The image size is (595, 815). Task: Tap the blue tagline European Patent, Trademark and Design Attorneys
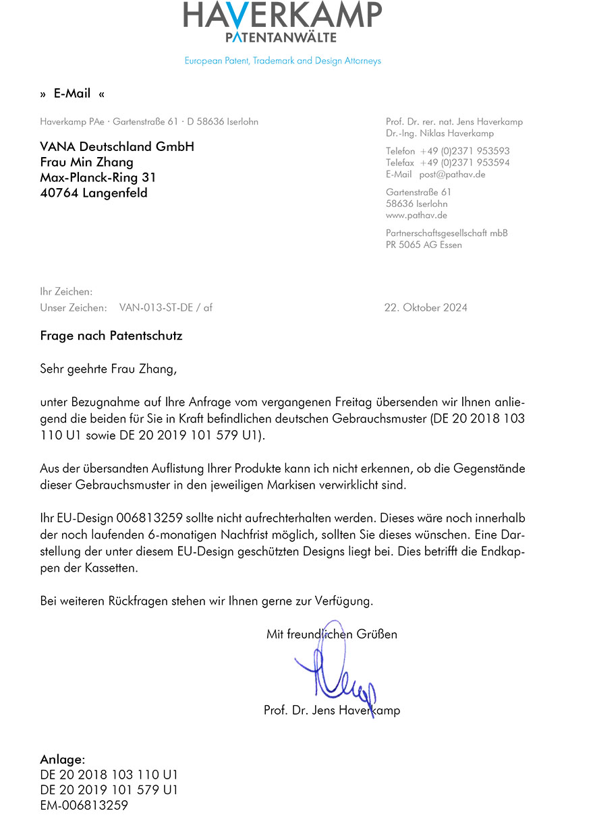(283, 61)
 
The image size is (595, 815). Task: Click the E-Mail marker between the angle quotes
(72, 94)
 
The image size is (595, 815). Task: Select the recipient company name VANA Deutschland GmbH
(117, 147)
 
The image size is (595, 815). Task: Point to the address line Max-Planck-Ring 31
(98, 178)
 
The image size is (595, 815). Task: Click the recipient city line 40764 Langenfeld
(94, 193)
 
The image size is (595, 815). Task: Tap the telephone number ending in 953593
(465, 151)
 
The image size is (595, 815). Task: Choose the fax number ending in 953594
(465, 162)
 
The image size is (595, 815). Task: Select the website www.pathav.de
(416, 215)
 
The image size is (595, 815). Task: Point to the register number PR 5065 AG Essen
(424, 245)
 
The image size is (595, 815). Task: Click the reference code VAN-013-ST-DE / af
(166, 307)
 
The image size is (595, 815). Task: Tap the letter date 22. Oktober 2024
(426, 307)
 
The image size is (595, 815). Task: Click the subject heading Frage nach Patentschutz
(111, 335)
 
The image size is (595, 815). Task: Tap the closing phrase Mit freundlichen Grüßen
(332, 634)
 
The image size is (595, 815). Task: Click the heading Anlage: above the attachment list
(63, 760)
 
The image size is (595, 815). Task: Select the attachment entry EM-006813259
(84, 805)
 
